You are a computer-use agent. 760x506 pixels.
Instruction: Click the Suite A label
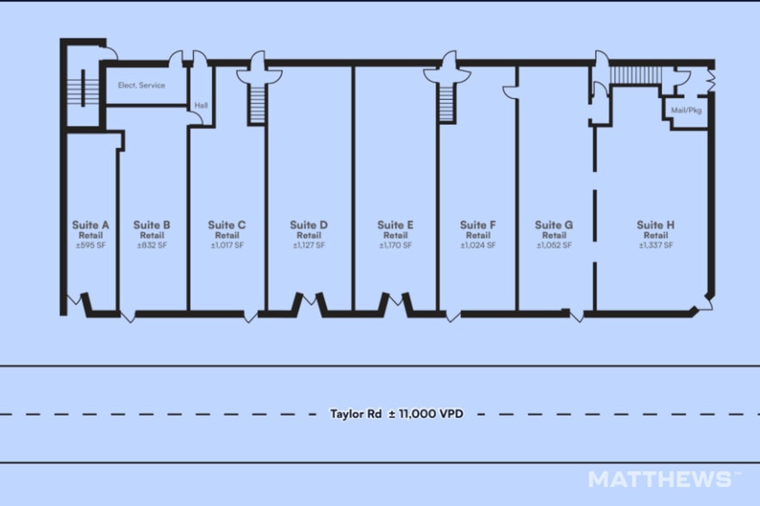click(x=90, y=225)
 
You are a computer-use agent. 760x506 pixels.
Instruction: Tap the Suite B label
click(x=152, y=225)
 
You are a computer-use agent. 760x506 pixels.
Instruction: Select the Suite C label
click(x=227, y=225)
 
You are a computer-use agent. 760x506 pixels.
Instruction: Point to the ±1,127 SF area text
click(x=308, y=245)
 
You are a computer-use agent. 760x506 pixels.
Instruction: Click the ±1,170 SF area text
click(x=396, y=245)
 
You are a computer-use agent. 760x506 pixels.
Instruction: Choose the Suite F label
click(x=478, y=225)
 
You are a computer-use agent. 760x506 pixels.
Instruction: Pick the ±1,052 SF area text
click(x=554, y=245)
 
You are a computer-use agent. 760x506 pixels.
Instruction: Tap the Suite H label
click(x=656, y=225)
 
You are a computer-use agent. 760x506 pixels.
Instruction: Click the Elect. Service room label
click(x=141, y=85)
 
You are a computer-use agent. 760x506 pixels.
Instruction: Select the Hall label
click(x=201, y=106)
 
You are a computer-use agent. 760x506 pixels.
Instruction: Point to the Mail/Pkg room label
click(x=686, y=110)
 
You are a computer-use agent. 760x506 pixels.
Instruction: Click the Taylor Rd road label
click(x=356, y=414)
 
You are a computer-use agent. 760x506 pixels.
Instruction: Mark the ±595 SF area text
click(x=90, y=245)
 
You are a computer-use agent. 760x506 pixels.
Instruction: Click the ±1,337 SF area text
click(x=656, y=245)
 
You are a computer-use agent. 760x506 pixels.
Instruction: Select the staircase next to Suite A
click(x=83, y=88)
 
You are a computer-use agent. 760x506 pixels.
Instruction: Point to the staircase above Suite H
click(x=635, y=75)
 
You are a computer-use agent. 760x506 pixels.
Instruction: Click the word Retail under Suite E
click(x=396, y=235)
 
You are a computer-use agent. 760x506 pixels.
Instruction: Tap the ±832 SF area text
click(x=152, y=245)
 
